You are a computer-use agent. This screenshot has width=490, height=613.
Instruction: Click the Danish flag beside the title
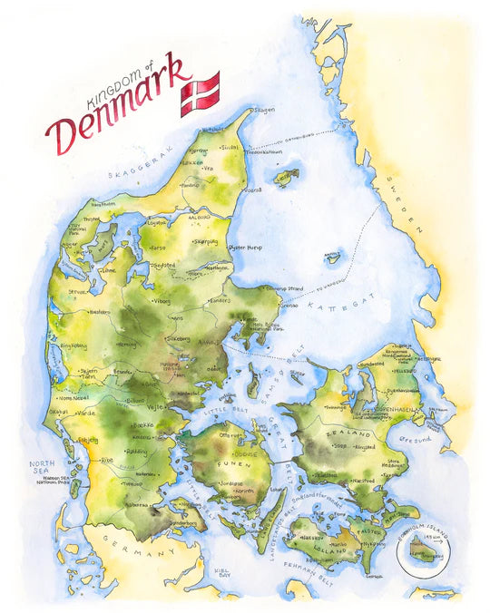point(200,93)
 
